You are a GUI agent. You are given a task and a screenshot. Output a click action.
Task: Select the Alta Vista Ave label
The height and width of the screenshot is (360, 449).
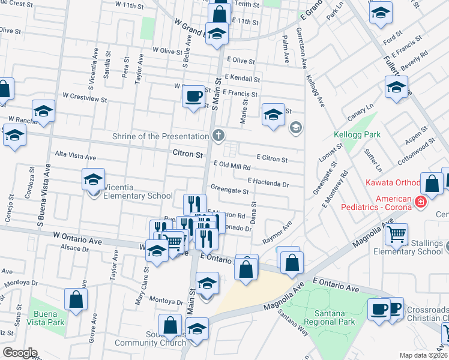pyautogui.click(x=76, y=157)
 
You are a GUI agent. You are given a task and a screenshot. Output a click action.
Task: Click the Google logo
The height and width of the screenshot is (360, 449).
pyautogui.click(x=20, y=352)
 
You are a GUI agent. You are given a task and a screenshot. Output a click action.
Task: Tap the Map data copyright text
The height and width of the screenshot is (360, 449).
pyautogui.click(x=423, y=355)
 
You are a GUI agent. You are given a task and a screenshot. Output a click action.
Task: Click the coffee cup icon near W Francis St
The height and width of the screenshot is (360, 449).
pyautogui.click(x=193, y=95)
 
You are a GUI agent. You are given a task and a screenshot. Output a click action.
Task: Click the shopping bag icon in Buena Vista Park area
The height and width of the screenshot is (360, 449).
pyautogui.click(x=76, y=299)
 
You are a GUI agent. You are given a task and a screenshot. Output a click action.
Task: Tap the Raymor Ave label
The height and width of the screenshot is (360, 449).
pyautogui.click(x=277, y=232)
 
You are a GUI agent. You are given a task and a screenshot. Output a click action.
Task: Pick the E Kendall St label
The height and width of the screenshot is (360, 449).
pyautogui.click(x=242, y=79)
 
